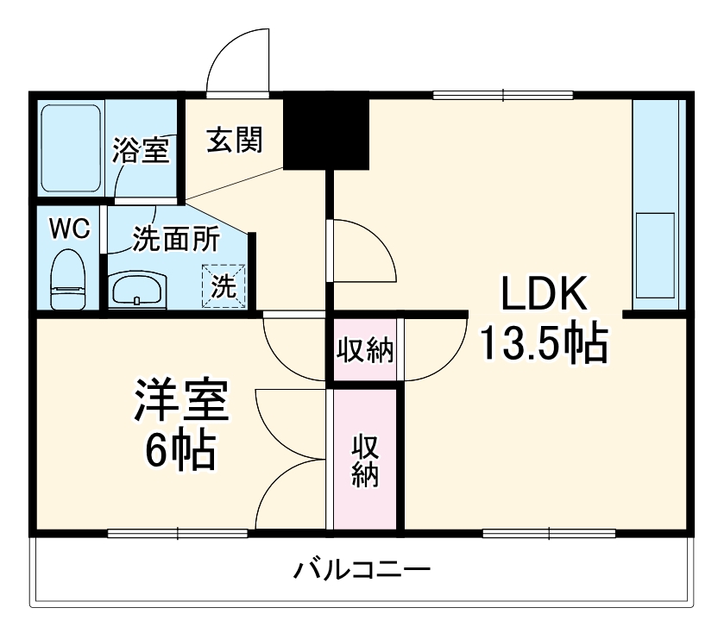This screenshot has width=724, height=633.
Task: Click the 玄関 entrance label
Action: point(234,140)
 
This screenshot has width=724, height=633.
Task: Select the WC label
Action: point(69,229)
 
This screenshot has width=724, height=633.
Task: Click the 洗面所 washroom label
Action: point(175,239)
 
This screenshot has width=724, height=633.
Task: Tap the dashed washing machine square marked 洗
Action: point(224,285)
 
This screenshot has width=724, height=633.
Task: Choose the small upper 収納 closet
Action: point(364,351)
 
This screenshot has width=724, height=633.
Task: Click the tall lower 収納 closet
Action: point(365,461)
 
